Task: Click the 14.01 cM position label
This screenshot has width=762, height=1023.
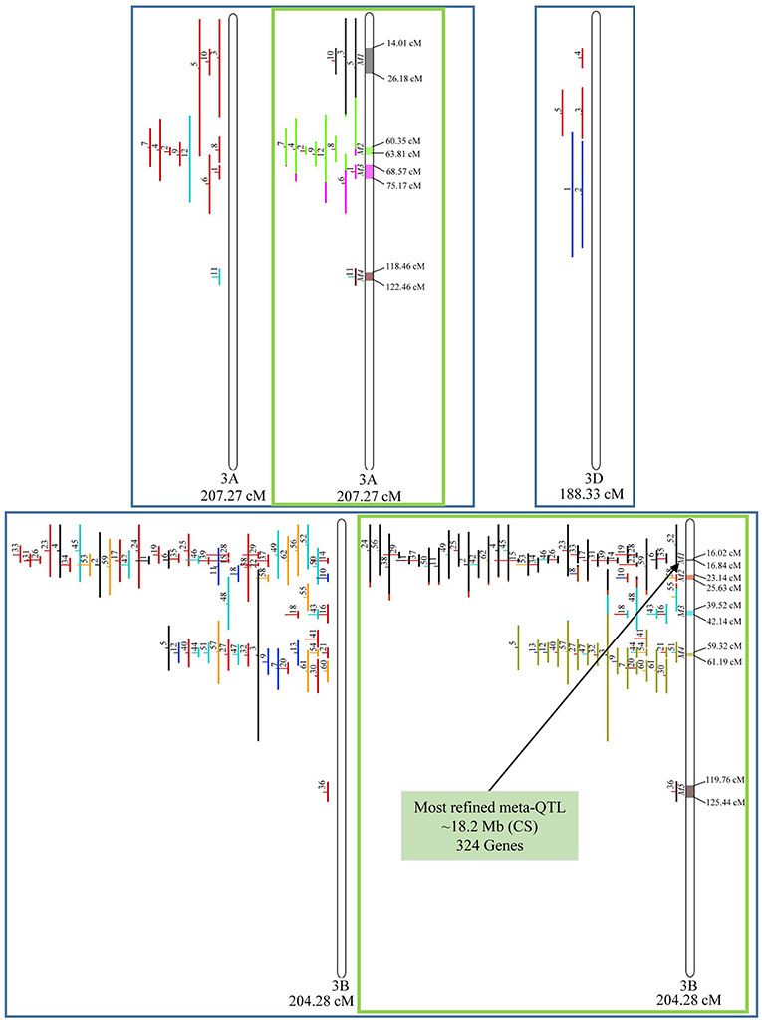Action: [405, 44]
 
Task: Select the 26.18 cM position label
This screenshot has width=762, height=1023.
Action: [405, 78]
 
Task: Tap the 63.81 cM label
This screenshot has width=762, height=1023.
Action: [405, 154]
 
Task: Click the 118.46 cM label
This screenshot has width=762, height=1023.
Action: [407, 267]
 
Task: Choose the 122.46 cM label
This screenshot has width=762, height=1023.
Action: [407, 286]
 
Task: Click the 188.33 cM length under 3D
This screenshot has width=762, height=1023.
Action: [595, 493]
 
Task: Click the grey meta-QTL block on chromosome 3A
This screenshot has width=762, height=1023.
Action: [369, 60]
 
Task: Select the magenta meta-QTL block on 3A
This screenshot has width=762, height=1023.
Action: [369, 171]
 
